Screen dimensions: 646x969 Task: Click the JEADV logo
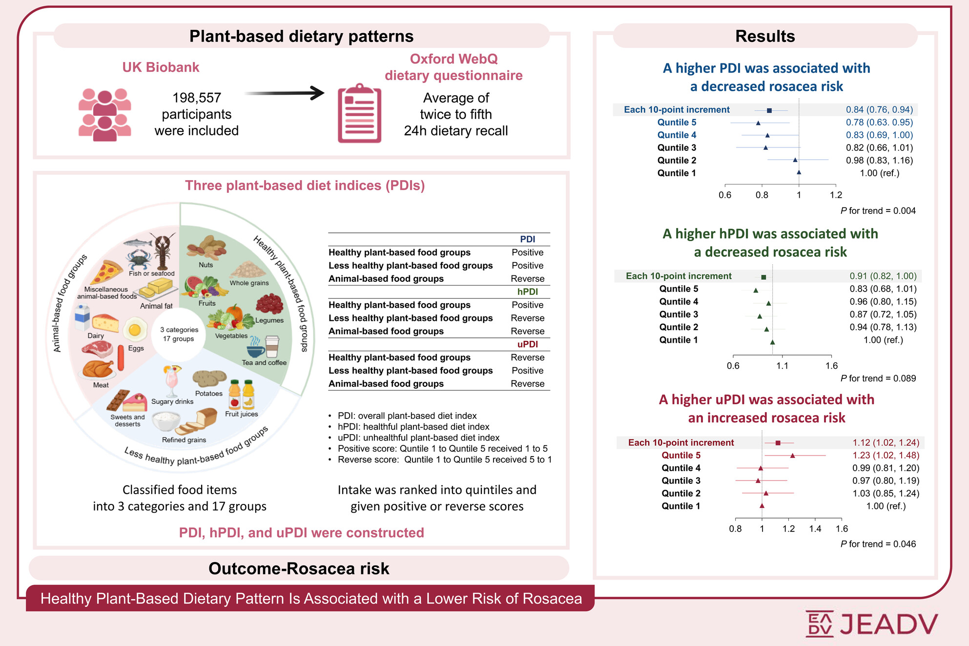(x=871, y=624)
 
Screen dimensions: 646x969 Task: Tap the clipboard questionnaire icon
(x=359, y=113)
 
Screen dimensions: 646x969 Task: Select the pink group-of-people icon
(x=104, y=115)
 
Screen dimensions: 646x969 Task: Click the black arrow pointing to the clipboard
(x=284, y=93)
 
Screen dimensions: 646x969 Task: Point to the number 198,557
(x=197, y=98)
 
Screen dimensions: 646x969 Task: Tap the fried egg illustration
(x=135, y=330)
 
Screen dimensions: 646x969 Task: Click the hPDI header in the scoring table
(x=527, y=292)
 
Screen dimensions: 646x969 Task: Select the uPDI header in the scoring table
(x=527, y=344)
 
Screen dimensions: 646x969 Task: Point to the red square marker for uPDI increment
(x=778, y=443)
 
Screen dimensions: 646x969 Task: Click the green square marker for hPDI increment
(x=764, y=277)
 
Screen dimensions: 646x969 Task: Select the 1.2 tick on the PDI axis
(x=836, y=195)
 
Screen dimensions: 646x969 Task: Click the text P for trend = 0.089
(x=878, y=378)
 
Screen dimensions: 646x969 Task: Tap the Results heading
(x=765, y=36)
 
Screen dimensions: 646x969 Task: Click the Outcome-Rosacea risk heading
(x=299, y=568)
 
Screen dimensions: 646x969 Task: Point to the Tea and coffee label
(x=264, y=363)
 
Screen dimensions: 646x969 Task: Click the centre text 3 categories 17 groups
(x=179, y=334)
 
